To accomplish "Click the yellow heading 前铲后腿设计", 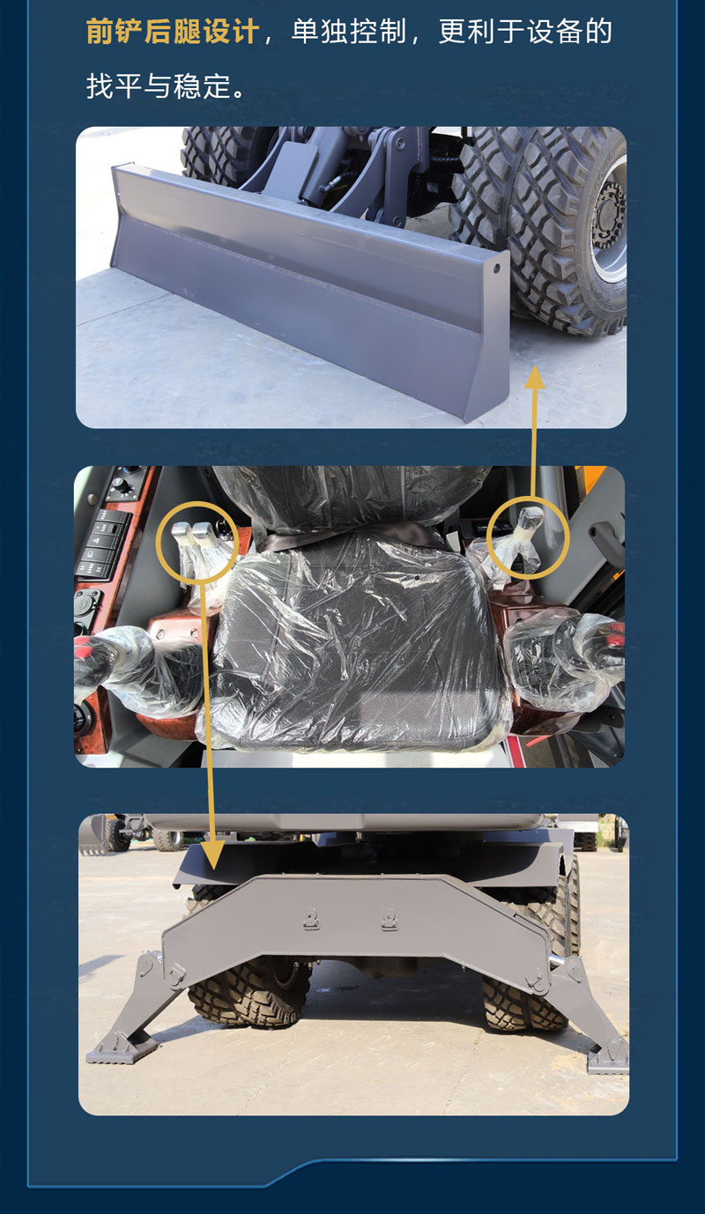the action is point(173,32).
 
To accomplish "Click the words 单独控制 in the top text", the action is point(349,32).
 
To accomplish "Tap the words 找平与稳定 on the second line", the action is point(158,86).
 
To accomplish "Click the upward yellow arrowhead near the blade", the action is point(534,377).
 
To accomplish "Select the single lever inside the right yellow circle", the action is point(528,534).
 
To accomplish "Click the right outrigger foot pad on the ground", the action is point(608,1058).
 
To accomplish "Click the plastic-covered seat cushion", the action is point(355,640).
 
